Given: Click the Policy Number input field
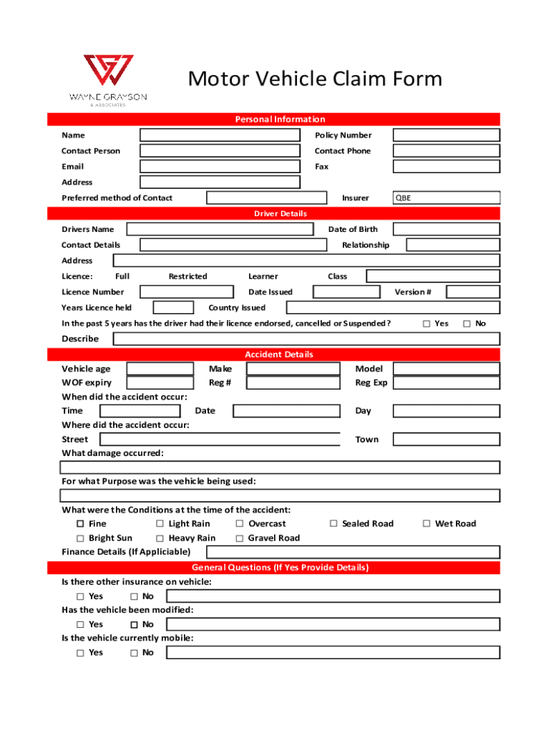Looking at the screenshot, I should click(446, 135).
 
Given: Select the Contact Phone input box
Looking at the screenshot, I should click(446, 151).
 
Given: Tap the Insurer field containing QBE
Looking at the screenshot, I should click(446, 198).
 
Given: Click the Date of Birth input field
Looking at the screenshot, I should click(446, 230).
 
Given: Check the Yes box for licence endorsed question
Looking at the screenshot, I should click(426, 324).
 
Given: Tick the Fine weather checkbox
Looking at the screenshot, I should click(80, 524).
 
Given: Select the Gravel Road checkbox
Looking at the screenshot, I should click(240, 538).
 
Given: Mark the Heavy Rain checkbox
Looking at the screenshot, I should click(160, 538).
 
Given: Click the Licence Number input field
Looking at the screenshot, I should click(186, 292).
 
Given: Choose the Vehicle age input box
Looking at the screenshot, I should click(160, 369).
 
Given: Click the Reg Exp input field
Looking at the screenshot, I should click(446, 383).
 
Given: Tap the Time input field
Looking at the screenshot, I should click(140, 411).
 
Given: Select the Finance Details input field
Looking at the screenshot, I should click(353, 552).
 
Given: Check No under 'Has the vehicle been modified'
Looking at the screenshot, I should click(134, 624).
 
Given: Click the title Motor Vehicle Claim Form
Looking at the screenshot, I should click(315, 79).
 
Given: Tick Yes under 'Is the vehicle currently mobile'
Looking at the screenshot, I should click(80, 653).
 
